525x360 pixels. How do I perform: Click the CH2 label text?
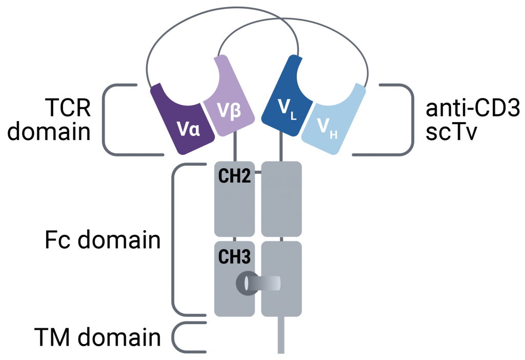point(234,177)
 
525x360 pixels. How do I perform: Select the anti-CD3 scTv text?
point(472,121)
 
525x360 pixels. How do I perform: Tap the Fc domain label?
point(103,240)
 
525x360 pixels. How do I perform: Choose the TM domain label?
point(97,337)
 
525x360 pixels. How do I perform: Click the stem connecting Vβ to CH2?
point(235,148)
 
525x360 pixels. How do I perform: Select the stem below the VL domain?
point(281,148)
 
